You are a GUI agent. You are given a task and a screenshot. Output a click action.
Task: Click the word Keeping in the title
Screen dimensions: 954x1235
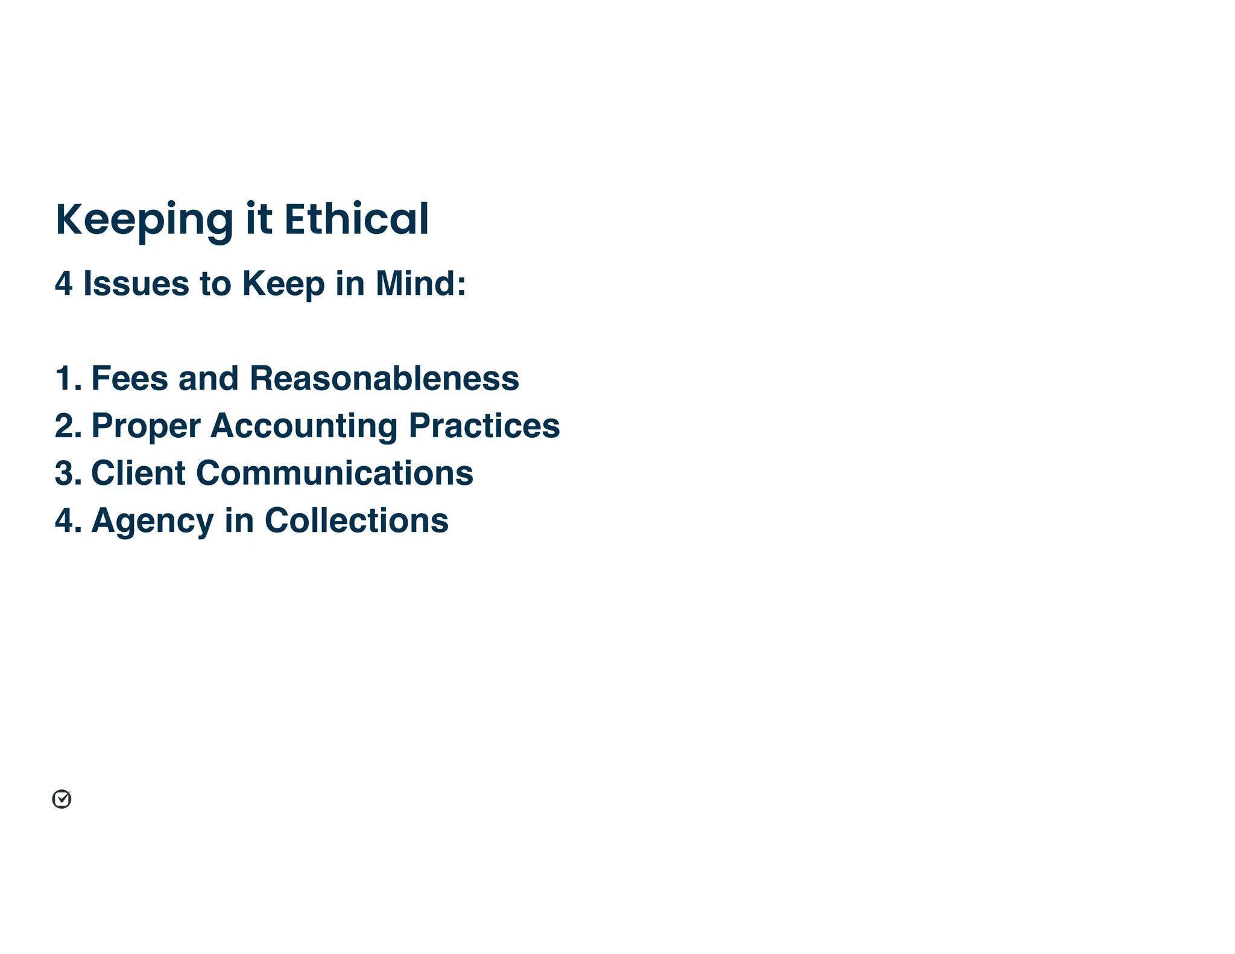pos(144,220)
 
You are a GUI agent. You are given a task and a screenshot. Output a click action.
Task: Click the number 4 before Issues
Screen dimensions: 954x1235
pos(63,283)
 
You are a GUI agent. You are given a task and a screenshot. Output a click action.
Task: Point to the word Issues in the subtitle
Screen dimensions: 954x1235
pos(136,283)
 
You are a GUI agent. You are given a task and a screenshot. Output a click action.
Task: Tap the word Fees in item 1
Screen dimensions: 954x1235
pos(129,378)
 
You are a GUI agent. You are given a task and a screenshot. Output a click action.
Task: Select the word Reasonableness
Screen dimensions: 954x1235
pos(384,378)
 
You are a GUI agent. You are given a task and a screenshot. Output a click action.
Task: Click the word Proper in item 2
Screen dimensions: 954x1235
pos(145,426)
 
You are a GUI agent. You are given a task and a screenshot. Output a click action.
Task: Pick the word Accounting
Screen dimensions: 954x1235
pos(303,426)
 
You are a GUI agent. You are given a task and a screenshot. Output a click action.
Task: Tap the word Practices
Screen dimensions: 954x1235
pos(484,425)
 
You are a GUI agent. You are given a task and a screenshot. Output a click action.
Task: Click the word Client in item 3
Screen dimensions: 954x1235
pos(138,473)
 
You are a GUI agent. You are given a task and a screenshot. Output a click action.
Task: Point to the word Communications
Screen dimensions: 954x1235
pos(335,473)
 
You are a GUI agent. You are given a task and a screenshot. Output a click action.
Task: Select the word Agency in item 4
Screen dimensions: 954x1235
pos(152,521)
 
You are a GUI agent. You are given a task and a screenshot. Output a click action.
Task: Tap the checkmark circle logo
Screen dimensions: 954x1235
pos(62,799)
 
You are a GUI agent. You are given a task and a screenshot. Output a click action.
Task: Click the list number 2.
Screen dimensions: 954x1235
pos(67,426)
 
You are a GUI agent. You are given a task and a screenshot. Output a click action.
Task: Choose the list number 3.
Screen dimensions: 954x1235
pos(67,473)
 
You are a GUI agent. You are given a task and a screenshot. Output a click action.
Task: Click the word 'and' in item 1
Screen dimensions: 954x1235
pos(208,378)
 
